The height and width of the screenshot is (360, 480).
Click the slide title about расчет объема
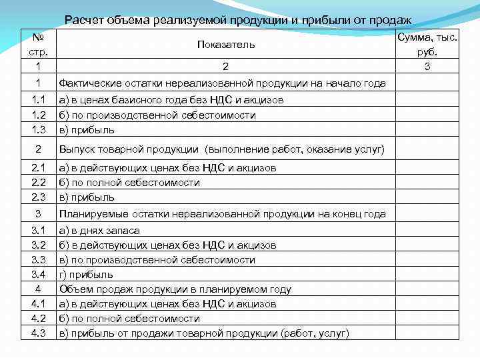click(x=237, y=21)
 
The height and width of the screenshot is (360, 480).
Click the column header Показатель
click(x=225, y=45)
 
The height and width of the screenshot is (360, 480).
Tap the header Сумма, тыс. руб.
click(x=427, y=44)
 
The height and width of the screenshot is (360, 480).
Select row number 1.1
click(x=39, y=100)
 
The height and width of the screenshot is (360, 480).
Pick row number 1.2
click(x=39, y=115)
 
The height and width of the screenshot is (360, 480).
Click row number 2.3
click(x=39, y=197)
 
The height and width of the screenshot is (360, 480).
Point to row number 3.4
click(x=39, y=275)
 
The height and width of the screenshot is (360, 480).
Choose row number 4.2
click(x=39, y=319)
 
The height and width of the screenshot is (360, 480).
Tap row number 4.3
click(x=39, y=333)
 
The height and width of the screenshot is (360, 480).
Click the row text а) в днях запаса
click(x=99, y=231)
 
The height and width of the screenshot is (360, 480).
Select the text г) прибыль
click(x=86, y=275)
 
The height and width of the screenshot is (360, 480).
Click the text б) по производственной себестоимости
click(x=157, y=115)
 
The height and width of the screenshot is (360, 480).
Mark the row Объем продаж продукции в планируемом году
click(x=175, y=289)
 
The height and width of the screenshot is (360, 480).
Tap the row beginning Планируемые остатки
click(x=222, y=214)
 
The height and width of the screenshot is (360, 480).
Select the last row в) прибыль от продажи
click(x=204, y=333)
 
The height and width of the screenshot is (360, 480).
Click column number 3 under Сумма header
click(x=427, y=66)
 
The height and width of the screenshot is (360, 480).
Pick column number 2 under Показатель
click(x=225, y=66)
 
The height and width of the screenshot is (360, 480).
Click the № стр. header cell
click(x=39, y=44)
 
